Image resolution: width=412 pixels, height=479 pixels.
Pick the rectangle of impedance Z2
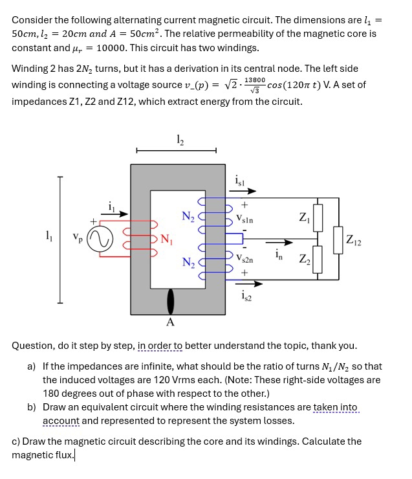317,259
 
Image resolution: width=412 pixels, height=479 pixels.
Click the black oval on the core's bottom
171,302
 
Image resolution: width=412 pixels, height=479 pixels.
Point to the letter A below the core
170,322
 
